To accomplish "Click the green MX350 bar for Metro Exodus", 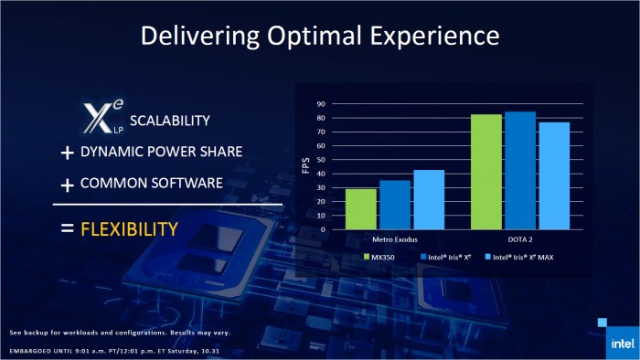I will point(361,209).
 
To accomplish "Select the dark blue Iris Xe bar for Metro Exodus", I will point(395,205).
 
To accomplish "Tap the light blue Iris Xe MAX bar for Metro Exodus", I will point(428,199).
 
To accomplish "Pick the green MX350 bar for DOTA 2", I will point(485,172).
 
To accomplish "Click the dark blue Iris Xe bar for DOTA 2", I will point(519,171).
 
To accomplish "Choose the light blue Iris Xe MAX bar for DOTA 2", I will point(553,175).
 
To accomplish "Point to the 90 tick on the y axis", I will point(320,104).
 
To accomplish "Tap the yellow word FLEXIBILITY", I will point(128,228).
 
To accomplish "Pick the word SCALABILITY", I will point(169,121).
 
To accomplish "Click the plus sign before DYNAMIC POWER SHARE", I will point(67,154).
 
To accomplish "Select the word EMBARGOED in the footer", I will point(32,350).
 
